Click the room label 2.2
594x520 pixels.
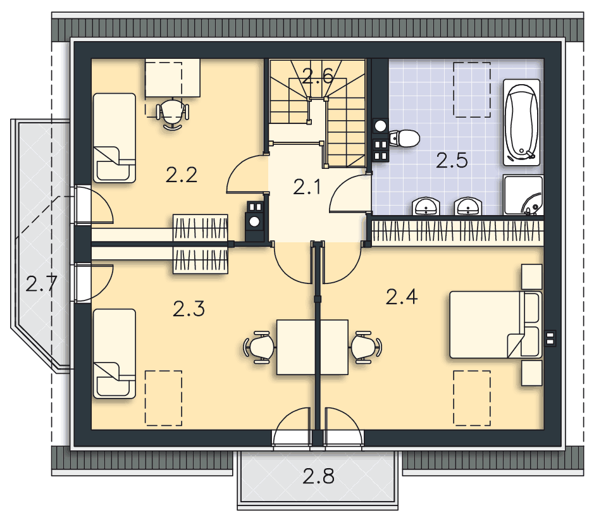182,175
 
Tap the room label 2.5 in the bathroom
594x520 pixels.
452,160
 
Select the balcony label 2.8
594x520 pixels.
318,476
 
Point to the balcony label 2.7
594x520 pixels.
41,283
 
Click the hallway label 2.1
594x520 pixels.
307,187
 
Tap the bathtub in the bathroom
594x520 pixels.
522,122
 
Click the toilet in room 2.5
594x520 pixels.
404,139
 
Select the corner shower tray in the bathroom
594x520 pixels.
523,195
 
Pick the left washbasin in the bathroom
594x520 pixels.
426,206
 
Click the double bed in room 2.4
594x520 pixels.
495,325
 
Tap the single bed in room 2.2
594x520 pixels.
114,138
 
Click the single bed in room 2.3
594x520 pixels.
114,354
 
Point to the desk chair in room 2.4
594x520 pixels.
366,347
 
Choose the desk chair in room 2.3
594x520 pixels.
259,347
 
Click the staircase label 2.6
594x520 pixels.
318,76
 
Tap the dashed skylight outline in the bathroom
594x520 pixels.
472,90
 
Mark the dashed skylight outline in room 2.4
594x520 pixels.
472,398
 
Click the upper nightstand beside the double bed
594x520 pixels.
531,276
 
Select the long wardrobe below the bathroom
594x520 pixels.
457,232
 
